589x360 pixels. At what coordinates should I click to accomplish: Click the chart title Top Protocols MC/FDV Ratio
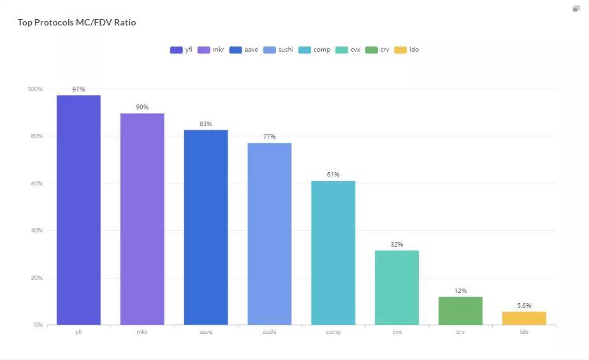tap(76, 22)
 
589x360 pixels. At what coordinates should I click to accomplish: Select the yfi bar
tap(78, 210)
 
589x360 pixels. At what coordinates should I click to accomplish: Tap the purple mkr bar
tap(142, 219)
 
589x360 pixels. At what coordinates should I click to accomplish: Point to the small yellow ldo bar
tap(524, 319)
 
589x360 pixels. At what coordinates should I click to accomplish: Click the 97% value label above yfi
tap(78, 89)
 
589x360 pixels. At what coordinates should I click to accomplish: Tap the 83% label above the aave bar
tap(206, 124)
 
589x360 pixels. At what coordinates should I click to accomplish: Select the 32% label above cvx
tap(396, 245)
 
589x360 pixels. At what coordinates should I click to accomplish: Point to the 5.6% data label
tap(524, 306)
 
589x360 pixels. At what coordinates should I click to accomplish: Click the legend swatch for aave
tap(235, 50)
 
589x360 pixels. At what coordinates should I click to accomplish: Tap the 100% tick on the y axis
tap(35, 89)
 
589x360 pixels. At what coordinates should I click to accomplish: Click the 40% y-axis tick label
tap(36, 231)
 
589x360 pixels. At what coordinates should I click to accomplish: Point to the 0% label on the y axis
tap(38, 325)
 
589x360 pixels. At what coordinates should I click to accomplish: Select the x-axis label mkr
tap(142, 332)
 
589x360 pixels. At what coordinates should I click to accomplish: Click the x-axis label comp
tap(333, 332)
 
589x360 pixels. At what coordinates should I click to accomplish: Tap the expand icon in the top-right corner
tap(576, 9)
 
